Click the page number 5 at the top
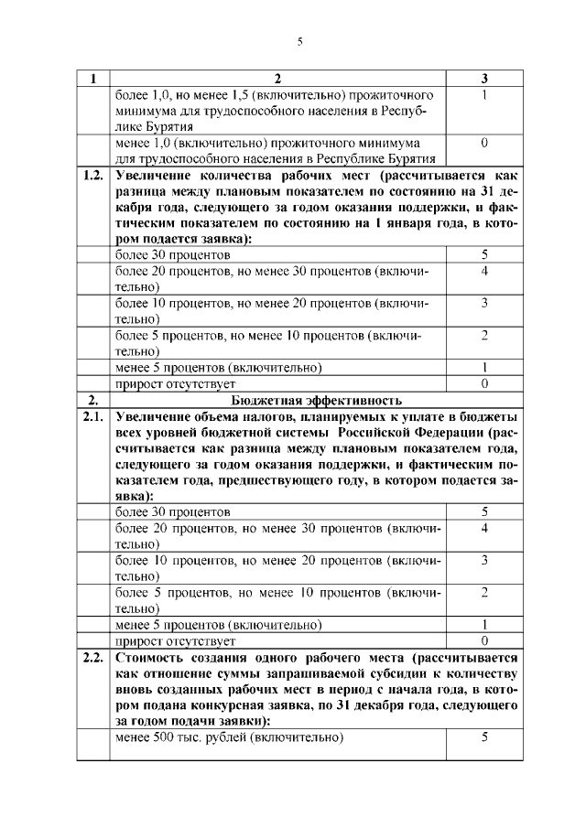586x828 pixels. pos(299,41)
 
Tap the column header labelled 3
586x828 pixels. pos(483,80)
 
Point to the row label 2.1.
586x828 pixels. pos(92,417)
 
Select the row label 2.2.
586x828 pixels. pos(92,659)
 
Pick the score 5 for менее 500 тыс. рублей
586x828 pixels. pos(483,737)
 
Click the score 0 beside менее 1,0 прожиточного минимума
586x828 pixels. pos(483,144)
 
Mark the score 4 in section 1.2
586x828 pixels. pos(483,271)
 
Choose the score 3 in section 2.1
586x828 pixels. pos(483,559)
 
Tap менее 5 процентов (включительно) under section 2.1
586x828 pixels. pos(218,625)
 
